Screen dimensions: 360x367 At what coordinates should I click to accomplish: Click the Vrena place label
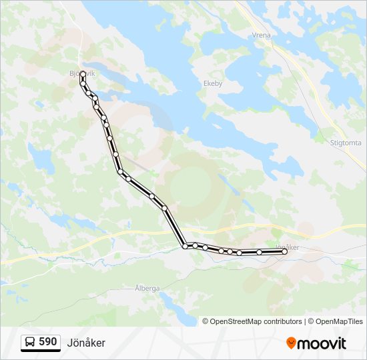[261, 35]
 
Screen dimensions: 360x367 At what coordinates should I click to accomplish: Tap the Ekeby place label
[212, 84]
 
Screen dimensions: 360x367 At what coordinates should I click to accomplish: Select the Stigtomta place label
[346, 143]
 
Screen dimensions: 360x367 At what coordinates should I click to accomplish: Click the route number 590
[47, 342]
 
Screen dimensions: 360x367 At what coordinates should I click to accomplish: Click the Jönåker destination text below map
[86, 343]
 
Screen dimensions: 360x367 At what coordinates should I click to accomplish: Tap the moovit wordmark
[322, 343]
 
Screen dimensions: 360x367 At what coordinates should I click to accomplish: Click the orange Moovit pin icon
[291, 343]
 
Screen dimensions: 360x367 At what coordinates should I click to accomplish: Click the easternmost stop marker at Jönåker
[284, 251]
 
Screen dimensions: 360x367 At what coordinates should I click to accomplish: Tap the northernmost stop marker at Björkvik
[83, 75]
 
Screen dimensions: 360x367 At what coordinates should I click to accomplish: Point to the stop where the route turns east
[185, 246]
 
